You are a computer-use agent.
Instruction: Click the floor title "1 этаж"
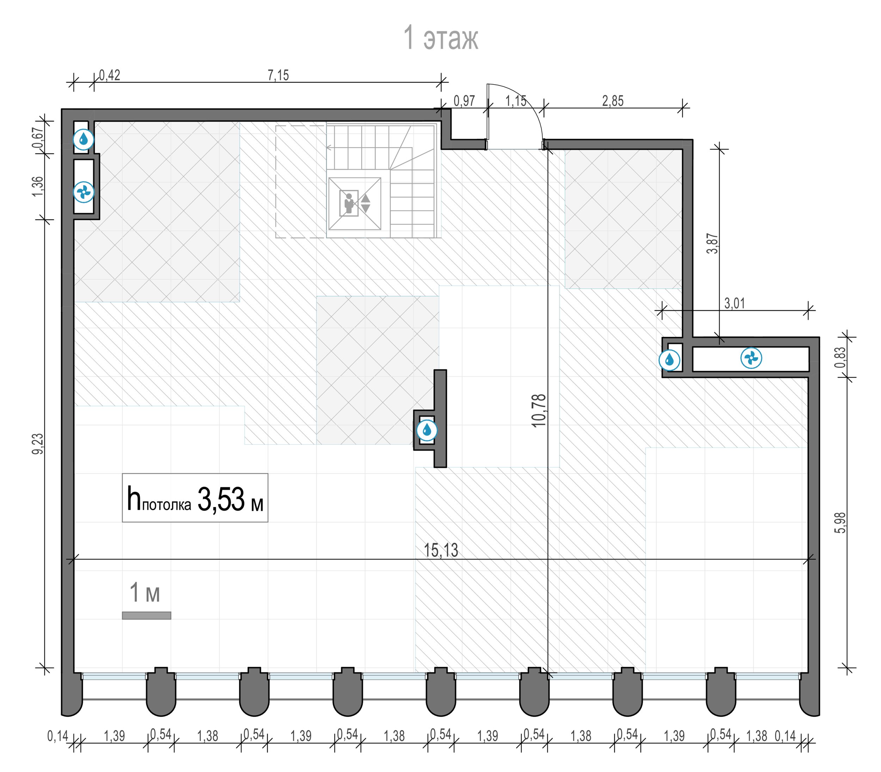[x=440, y=38]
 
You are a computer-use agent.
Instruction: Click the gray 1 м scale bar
[x=147, y=616]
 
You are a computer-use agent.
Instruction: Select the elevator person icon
[x=349, y=203]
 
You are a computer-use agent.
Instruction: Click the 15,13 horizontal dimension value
[x=441, y=550]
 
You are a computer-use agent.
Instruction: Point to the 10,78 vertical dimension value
[x=538, y=410]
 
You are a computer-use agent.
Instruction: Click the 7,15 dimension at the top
[x=278, y=75]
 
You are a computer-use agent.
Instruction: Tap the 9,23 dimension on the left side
[x=38, y=443]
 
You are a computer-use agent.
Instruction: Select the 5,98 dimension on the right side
[x=840, y=523]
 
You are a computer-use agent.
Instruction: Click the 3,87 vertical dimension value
[x=712, y=243]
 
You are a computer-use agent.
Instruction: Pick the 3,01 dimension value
[x=734, y=303]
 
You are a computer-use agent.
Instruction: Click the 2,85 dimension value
[x=612, y=101]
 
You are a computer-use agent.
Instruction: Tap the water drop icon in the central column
[x=426, y=430]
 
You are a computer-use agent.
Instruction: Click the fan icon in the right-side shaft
[x=751, y=358]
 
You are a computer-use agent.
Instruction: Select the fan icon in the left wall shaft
[x=84, y=192]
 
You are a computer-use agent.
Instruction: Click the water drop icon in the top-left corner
[x=83, y=139]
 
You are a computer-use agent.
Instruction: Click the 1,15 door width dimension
[x=516, y=101]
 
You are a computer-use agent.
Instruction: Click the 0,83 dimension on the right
[x=840, y=358]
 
